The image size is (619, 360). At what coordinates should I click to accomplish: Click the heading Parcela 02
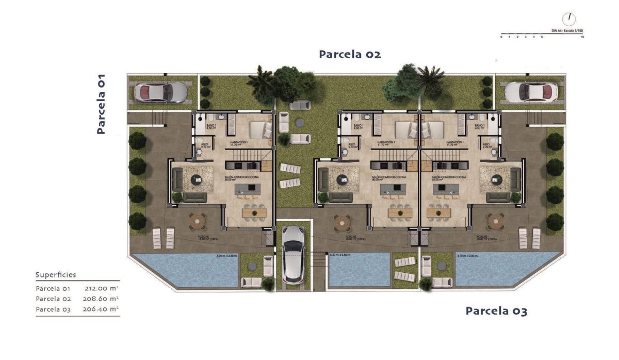point(350,54)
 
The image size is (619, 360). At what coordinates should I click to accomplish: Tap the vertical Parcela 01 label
point(101,104)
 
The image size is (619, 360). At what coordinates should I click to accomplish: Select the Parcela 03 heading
point(496,311)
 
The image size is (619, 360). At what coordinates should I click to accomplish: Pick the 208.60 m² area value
point(101,299)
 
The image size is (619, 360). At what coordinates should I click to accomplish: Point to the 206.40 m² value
point(101,308)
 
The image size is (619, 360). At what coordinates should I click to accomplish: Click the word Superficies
point(56,275)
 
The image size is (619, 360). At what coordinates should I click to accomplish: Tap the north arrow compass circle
point(569,19)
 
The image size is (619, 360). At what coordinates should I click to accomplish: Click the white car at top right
point(531,92)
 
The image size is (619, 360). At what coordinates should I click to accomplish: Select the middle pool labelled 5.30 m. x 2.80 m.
point(360,271)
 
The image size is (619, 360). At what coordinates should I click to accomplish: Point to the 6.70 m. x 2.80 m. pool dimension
point(470,255)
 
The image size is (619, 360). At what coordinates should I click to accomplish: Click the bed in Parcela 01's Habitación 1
point(260,129)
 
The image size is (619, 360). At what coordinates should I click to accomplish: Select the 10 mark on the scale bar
point(582,38)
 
